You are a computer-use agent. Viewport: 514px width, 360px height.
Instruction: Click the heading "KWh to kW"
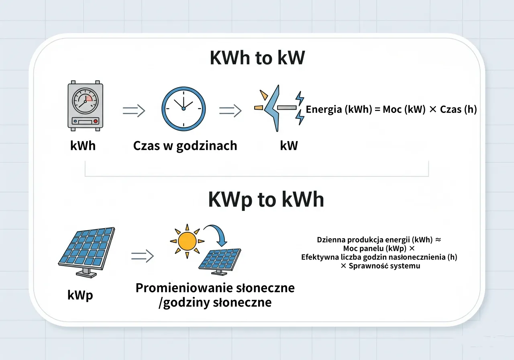(x=257, y=58)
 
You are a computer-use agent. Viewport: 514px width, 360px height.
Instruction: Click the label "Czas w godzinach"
(x=185, y=145)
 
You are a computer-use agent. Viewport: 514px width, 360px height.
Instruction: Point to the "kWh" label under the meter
(x=83, y=145)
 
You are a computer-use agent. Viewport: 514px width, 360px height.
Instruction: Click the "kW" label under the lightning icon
(x=289, y=145)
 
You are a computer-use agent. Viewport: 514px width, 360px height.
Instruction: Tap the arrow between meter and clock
(x=133, y=111)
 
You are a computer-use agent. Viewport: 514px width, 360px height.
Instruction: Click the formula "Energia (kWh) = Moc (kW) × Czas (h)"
(x=391, y=109)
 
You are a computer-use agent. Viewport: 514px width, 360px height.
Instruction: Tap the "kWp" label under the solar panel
(x=80, y=295)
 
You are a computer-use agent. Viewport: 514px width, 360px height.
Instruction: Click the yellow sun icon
(x=187, y=241)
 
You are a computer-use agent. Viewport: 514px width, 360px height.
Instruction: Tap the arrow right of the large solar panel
(x=143, y=256)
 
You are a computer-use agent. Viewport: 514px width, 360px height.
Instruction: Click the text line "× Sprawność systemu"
(x=380, y=266)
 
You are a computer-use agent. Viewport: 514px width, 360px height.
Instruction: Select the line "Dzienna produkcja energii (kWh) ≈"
(x=379, y=240)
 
